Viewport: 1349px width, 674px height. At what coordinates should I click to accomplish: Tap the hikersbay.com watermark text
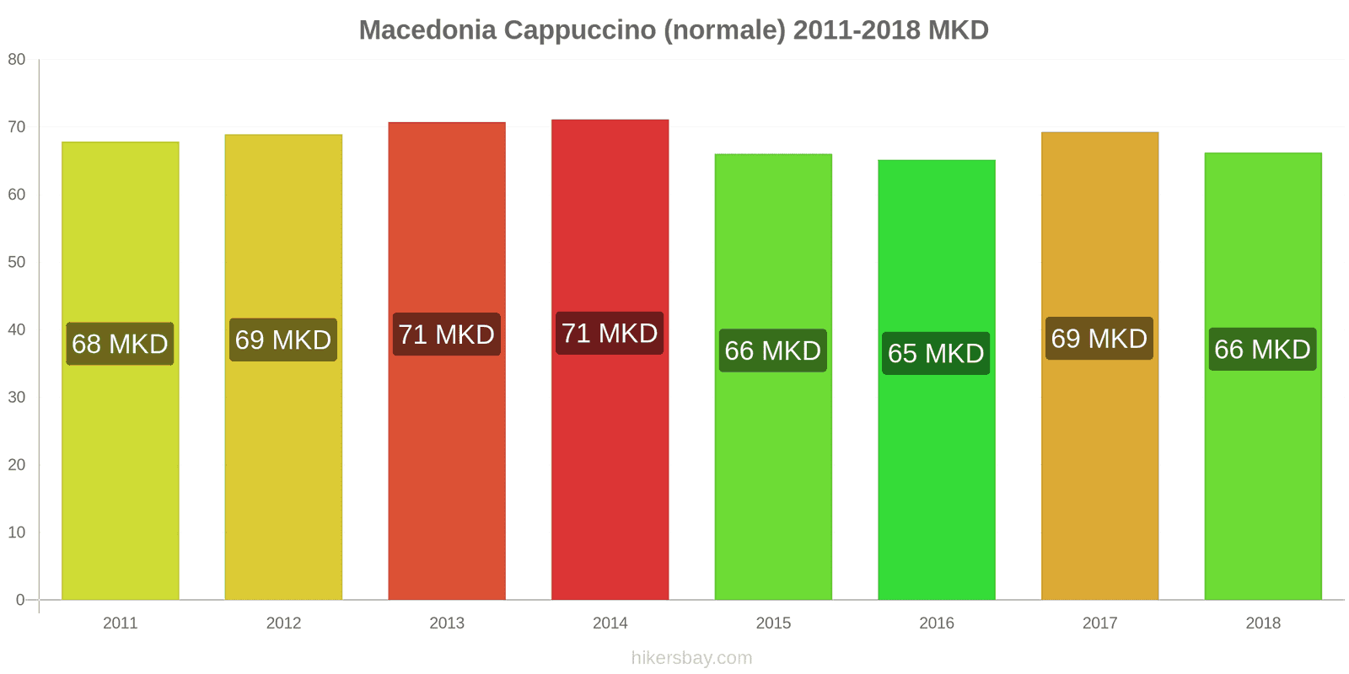[x=691, y=658]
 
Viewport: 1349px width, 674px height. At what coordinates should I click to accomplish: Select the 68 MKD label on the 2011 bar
[x=120, y=344]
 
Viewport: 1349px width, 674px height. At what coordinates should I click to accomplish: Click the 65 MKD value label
[x=936, y=353]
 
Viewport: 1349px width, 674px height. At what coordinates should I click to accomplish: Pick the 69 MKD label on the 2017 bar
[x=1099, y=339]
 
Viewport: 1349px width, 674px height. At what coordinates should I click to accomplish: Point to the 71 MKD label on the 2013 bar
[x=446, y=334]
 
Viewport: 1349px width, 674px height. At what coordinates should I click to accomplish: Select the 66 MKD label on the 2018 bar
[x=1262, y=349]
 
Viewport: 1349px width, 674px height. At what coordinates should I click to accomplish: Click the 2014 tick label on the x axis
[x=610, y=623]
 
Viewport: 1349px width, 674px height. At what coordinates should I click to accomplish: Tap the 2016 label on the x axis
[x=936, y=623]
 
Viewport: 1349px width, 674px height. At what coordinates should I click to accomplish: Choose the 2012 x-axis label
[x=283, y=623]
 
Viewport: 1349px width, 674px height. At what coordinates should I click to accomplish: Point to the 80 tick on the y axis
[x=17, y=60]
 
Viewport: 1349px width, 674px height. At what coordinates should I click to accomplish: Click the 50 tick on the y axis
[x=17, y=262]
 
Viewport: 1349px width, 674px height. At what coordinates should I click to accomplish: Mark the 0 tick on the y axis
[x=20, y=600]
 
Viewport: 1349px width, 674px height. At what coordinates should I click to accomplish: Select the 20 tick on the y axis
[x=17, y=465]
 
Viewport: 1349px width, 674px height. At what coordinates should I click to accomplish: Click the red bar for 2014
[x=610, y=472]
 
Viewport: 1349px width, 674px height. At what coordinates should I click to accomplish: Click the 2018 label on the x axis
[x=1262, y=623]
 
